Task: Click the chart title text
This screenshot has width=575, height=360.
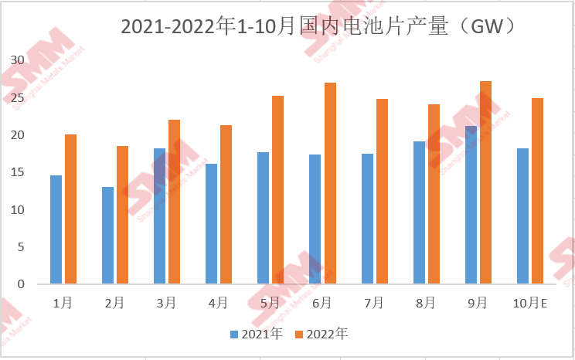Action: [x=318, y=26]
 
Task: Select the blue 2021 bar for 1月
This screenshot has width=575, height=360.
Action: [x=56, y=229]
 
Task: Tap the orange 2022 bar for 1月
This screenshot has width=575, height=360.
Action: [x=70, y=209]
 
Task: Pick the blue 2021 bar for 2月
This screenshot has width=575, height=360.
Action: [x=107, y=236]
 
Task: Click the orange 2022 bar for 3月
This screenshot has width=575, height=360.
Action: [x=174, y=202]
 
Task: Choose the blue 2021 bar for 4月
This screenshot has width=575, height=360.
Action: [x=211, y=224]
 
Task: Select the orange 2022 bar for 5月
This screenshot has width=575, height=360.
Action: [x=277, y=190]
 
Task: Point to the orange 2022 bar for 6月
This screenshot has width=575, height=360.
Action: [x=330, y=183]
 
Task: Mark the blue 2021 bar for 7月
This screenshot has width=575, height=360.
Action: [x=367, y=219]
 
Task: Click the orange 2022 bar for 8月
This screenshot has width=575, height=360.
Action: [x=434, y=194]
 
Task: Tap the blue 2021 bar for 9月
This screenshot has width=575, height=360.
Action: [x=471, y=205]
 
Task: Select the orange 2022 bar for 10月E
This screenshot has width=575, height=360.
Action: [x=537, y=191]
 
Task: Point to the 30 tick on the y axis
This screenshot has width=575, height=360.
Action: [x=17, y=60]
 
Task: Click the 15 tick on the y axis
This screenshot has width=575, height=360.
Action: [x=17, y=172]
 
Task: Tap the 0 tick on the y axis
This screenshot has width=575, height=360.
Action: [x=21, y=284]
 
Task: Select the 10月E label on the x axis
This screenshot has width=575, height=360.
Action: [x=529, y=303]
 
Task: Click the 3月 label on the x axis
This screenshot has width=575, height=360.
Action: [x=166, y=303]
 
